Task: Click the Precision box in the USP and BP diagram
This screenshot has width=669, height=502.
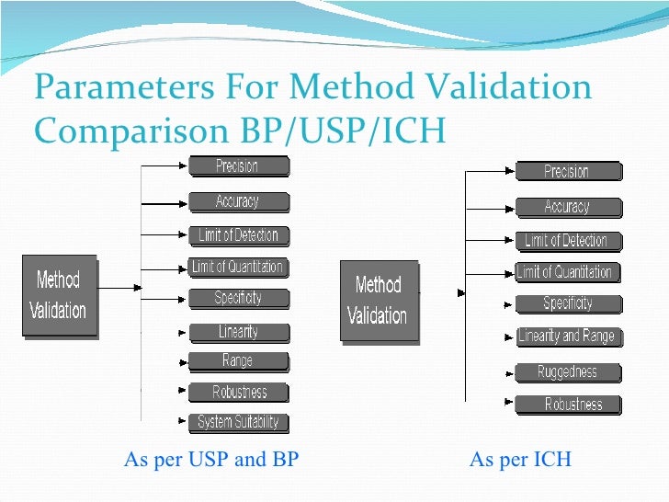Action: (x=238, y=166)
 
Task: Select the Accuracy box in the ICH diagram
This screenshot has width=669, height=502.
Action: (x=567, y=207)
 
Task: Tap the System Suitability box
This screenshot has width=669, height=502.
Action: (x=238, y=423)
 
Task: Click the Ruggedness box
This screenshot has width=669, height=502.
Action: (x=567, y=372)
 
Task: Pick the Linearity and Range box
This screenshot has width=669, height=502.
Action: (x=567, y=337)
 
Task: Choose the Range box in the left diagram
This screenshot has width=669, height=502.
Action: (x=238, y=361)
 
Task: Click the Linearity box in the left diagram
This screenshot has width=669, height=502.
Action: (x=238, y=332)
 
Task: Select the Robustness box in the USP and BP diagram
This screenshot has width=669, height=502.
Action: (x=239, y=393)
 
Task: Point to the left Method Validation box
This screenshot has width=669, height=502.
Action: (x=60, y=295)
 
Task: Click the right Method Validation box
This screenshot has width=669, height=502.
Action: (x=378, y=301)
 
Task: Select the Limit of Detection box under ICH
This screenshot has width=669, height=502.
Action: (x=566, y=241)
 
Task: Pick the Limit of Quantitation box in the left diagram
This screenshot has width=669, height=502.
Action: (x=238, y=268)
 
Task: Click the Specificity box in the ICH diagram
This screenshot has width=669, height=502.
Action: (x=567, y=303)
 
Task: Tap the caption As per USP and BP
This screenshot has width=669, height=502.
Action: (x=210, y=460)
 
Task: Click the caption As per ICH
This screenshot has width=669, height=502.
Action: (x=520, y=460)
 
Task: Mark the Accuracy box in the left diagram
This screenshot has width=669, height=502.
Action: (x=238, y=201)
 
